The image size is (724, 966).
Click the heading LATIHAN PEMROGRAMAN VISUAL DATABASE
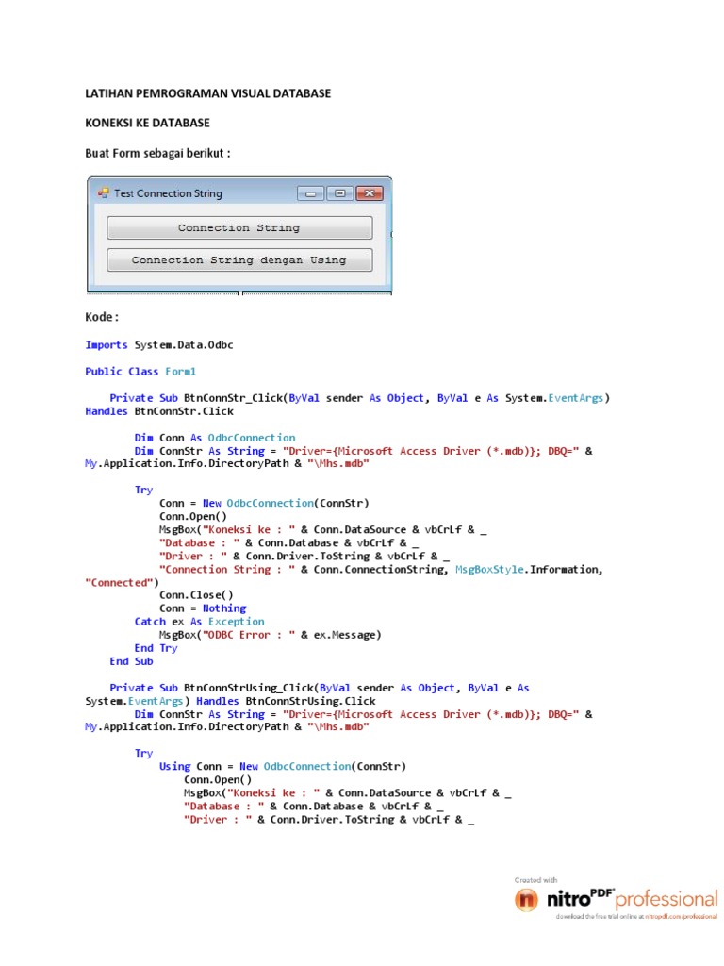click(x=207, y=94)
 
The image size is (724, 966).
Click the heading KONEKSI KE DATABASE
click(x=147, y=124)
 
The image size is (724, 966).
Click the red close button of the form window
click(x=370, y=193)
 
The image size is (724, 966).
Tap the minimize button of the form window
click(x=310, y=193)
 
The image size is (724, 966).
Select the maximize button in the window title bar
click(x=339, y=193)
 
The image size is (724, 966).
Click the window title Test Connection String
click(x=168, y=193)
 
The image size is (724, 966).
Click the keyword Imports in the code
click(x=107, y=345)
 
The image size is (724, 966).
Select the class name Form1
click(x=181, y=372)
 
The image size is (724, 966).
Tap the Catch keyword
click(x=150, y=622)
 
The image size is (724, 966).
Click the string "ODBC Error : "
click(x=243, y=635)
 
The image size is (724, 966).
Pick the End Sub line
click(x=131, y=661)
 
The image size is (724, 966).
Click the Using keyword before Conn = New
click(x=174, y=766)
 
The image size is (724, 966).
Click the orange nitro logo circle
click(x=526, y=900)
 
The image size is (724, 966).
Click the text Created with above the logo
click(x=535, y=879)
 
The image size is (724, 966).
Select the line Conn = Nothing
click(x=203, y=608)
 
